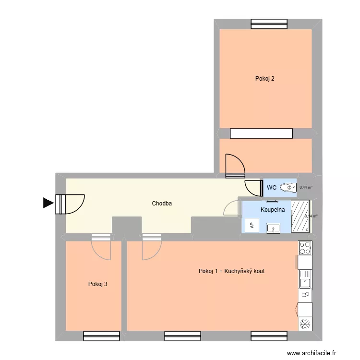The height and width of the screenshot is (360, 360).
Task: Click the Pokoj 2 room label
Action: (x=265, y=79)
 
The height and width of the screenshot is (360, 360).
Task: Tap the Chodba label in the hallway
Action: (x=162, y=204)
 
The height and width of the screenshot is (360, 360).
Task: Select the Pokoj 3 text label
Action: (x=97, y=284)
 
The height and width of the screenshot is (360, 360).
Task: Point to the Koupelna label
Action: (x=273, y=210)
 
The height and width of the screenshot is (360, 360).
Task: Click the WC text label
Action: (x=271, y=187)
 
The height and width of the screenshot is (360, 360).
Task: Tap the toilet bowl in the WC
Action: (x=287, y=187)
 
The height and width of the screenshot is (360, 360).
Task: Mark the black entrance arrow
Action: (x=48, y=204)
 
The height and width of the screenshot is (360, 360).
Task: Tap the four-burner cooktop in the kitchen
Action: (x=305, y=248)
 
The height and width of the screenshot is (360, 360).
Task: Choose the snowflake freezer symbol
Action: (x=304, y=324)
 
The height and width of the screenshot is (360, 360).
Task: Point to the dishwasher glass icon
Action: (x=304, y=294)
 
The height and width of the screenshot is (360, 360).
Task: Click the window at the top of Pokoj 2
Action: (x=269, y=24)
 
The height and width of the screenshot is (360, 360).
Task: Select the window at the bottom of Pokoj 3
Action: (x=101, y=336)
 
